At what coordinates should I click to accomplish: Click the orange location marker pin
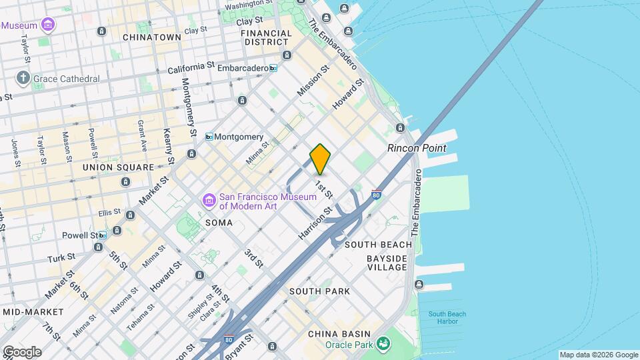(320, 159)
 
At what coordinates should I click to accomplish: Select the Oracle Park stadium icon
(383, 344)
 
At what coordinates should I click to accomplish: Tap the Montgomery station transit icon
(209, 137)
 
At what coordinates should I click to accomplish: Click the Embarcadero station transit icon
(273, 68)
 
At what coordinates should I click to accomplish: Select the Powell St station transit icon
(101, 235)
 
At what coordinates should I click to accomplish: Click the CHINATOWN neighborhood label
(152, 37)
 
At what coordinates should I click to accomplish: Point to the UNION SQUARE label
(118, 167)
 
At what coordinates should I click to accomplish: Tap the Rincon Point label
(417, 148)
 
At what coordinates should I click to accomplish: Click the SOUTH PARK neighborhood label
(319, 291)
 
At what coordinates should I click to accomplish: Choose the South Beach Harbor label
(447, 318)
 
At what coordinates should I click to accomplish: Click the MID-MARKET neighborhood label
(33, 311)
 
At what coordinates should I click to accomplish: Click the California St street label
(191, 68)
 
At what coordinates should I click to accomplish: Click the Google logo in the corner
(21, 352)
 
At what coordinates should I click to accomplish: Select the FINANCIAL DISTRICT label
(266, 37)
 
